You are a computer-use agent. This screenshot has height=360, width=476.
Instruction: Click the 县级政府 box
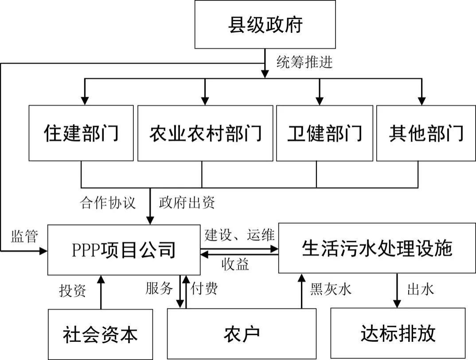(x=265, y=24)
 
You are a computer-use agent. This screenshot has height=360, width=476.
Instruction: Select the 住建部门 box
(x=81, y=133)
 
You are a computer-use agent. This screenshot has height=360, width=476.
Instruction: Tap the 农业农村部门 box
(x=205, y=133)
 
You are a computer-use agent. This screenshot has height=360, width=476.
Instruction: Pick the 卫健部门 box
(x=324, y=133)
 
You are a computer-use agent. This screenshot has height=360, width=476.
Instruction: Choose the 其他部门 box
(x=426, y=133)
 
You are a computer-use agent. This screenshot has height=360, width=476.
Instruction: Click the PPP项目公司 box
(x=124, y=250)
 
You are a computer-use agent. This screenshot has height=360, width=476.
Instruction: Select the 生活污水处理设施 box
(x=377, y=248)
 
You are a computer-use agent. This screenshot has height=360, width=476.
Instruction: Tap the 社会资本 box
(x=100, y=334)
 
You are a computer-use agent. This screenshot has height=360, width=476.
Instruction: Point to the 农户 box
(x=242, y=334)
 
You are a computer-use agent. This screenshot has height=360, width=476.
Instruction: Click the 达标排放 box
(x=398, y=333)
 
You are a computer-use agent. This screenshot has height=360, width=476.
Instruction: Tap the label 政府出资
(x=187, y=203)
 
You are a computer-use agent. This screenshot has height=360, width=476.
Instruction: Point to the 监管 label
(x=23, y=236)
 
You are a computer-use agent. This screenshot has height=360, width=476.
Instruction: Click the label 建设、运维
(x=239, y=234)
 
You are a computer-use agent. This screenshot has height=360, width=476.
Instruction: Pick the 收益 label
(x=235, y=264)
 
